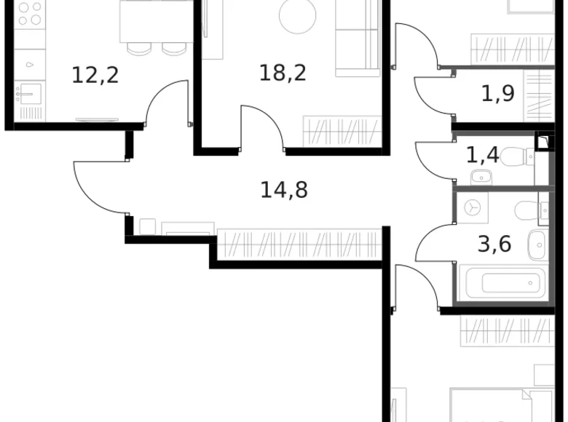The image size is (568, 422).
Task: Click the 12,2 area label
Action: point(95,74)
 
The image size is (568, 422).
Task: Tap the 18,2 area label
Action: point(283,73)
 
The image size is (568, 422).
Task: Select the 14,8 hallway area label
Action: point(284,191)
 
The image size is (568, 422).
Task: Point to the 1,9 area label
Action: point(498,93)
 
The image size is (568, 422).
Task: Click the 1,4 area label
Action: point(481,154)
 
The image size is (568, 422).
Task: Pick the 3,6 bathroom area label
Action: point(494,243)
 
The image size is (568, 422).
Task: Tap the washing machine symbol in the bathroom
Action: point(474,208)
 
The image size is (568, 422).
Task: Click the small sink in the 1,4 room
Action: point(481,176)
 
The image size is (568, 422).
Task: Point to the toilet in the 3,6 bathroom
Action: point(527,210)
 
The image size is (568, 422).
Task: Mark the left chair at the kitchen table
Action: point(138,48)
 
